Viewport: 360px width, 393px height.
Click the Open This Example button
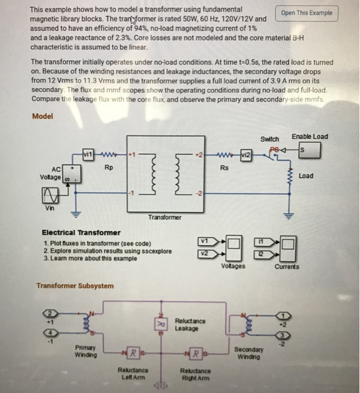(307, 13)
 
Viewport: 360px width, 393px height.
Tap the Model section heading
(43, 116)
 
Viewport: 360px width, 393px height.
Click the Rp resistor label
(108, 167)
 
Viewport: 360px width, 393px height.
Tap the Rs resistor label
(224, 167)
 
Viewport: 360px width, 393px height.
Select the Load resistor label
(306, 176)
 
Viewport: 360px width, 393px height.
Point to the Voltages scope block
(235, 248)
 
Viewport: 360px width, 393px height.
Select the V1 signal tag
(205, 242)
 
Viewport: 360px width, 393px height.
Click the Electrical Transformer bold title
(81, 232)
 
